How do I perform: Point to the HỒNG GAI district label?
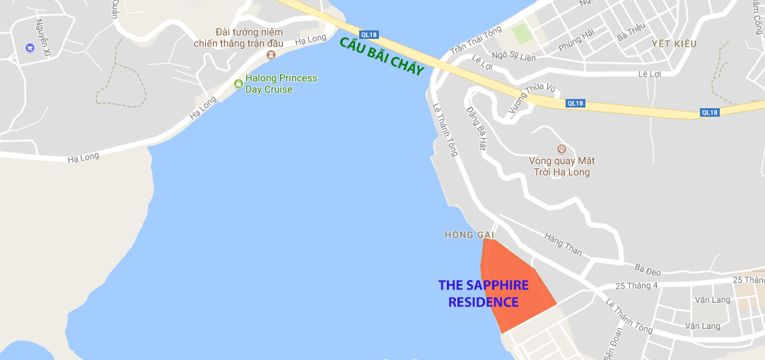pyautogui.click(x=468, y=234)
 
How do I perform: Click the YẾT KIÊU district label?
pyautogui.click(x=674, y=44)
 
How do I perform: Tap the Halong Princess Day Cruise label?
pyautogui.click(x=281, y=83)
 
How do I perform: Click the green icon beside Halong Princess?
pyautogui.click(x=239, y=85)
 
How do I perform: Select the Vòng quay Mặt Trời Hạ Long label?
pyautogui.click(x=561, y=166)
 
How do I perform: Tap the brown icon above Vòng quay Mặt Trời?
pyautogui.click(x=561, y=149)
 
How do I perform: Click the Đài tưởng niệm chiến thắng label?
pyautogui.click(x=238, y=37)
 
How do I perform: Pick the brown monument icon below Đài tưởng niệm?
pyautogui.click(x=271, y=54)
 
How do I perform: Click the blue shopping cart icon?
pyautogui.click(x=30, y=47)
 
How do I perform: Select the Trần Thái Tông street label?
pyautogui.click(x=476, y=40)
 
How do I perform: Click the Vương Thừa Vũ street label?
pyautogui.click(x=523, y=100)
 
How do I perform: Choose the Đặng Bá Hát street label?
pyautogui.click(x=478, y=129)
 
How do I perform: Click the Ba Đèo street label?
pyautogui.click(x=647, y=268)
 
